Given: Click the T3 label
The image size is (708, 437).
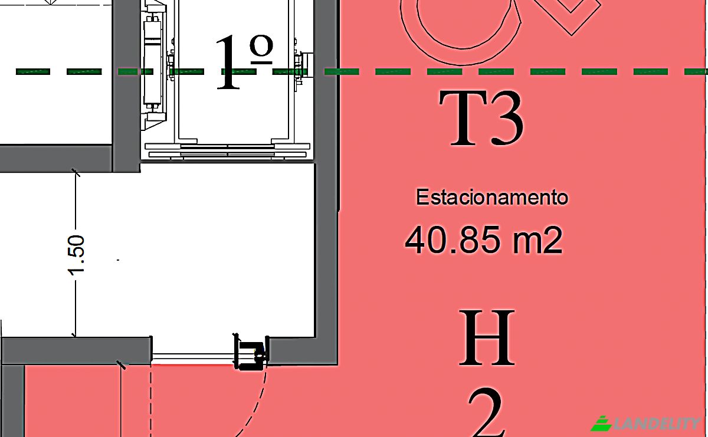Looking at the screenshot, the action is [x=481, y=118].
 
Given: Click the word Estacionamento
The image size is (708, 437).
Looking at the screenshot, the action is [x=492, y=197].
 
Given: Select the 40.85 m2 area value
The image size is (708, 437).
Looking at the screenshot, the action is [x=484, y=240].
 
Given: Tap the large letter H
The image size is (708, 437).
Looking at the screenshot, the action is [x=487, y=337].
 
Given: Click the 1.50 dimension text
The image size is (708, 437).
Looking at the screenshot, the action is [x=76, y=255].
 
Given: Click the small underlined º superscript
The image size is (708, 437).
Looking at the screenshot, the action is [x=261, y=50].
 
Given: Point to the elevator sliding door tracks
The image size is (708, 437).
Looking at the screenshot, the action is [x=227, y=150].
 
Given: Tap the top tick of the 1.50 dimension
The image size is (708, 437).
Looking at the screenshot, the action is [x=76, y=173].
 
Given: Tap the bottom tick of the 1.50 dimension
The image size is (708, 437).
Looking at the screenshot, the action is [x=74, y=334].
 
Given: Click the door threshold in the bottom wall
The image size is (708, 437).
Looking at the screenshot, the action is [x=193, y=358].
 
